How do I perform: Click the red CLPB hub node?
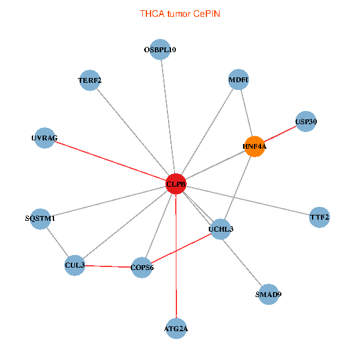tap(176, 184)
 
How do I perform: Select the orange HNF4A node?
tap(254, 146)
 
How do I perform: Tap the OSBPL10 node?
tap(160, 50)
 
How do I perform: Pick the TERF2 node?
tap(89, 80)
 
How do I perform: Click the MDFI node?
tap(238, 80)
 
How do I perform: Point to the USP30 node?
tap(306, 122)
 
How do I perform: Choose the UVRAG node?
tap(44, 139)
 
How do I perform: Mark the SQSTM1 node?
tap(40, 219)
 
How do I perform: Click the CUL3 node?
tap(75, 265)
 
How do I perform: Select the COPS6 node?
tap(142, 268)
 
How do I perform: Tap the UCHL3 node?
tap(221, 229)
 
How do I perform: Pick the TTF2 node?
tap(319, 217)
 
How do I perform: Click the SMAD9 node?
tap(268, 295)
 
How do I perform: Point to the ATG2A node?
tap(176, 328)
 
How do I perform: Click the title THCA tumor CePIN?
tap(180, 13)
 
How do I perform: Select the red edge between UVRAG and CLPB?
tap(110, 161)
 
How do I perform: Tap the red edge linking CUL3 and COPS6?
tap(109, 266)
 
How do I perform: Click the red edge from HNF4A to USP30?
tap(280, 134)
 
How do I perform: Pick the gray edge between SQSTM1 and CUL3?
tap(58, 242)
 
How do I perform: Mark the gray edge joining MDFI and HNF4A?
tap(246, 113)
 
